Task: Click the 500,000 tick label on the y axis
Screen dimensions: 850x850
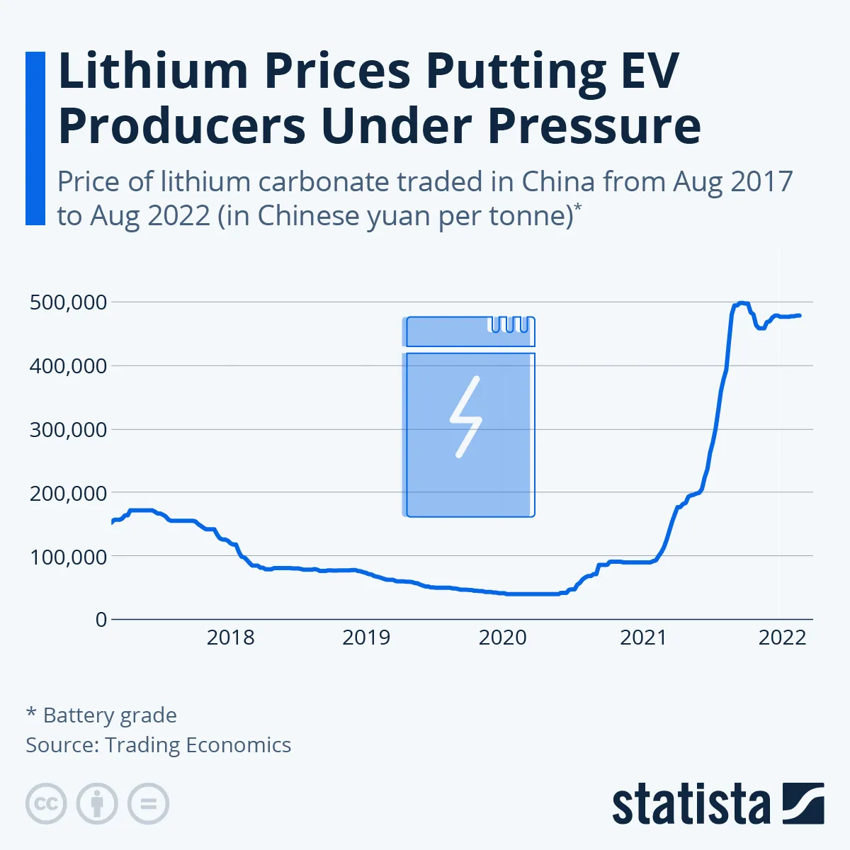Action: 68,302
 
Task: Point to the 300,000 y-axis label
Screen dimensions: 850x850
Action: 68,429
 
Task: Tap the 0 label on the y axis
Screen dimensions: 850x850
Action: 101,620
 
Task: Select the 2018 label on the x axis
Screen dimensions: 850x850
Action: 230,637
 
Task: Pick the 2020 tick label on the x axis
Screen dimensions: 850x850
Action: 502,637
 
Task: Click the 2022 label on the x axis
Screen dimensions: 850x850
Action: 782,637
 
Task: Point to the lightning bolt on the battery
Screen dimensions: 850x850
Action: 466,416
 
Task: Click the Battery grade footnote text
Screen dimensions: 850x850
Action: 110,715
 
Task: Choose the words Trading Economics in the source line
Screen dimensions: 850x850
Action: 198,745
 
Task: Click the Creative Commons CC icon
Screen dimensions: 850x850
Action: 46,804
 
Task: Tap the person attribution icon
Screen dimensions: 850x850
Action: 97,804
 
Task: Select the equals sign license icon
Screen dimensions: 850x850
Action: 148,804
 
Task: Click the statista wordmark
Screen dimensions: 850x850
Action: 691,805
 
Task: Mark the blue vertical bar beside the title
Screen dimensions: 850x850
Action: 35,138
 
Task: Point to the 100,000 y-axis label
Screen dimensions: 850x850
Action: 68,557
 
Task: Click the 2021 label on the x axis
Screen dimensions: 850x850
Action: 643,637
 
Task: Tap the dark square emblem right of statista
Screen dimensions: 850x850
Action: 803,803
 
